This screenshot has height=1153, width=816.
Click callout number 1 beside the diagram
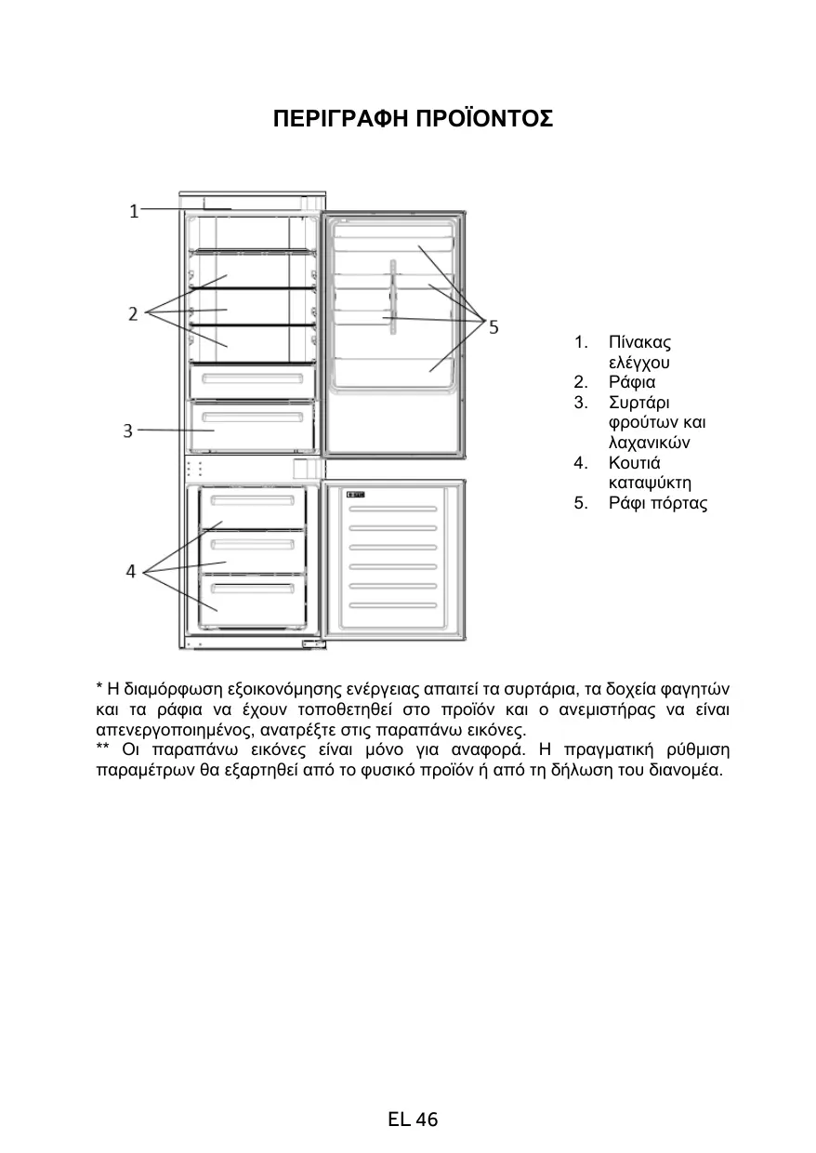point(135,211)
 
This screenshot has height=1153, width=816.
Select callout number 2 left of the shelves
point(134,313)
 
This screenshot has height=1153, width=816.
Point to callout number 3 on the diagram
point(128,431)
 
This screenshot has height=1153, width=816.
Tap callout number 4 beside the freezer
point(131,572)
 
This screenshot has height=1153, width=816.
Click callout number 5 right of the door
point(494,327)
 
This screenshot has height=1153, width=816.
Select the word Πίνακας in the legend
point(639,342)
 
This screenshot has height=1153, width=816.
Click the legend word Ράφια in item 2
point(631,382)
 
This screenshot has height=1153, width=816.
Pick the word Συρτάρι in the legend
point(638,403)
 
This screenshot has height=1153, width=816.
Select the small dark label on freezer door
point(355,495)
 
